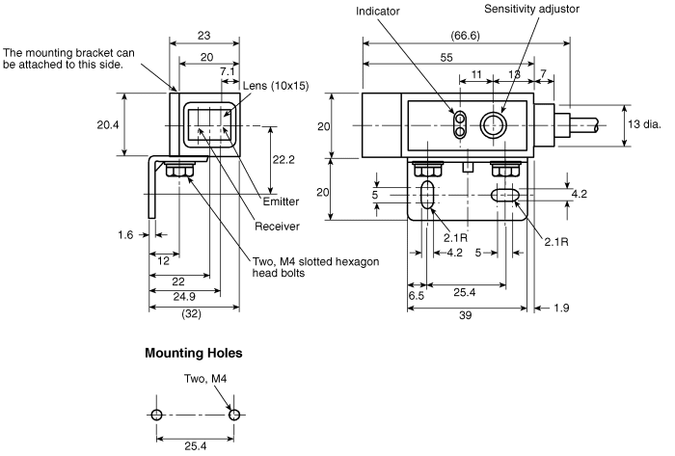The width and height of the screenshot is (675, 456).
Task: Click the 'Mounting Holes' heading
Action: tap(193, 353)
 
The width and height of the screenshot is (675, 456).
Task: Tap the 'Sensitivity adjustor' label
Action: tap(531, 9)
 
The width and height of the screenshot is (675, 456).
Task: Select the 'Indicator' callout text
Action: tap(378, 12)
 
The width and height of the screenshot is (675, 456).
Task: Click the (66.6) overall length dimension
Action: tap(465, 36)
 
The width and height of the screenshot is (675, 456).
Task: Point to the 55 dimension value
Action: tap(446, 57)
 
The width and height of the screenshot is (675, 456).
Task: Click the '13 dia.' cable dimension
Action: tap(644, 124)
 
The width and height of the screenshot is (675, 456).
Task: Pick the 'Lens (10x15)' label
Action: tap(276, 86)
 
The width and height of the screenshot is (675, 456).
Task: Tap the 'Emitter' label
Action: tap(281, 201)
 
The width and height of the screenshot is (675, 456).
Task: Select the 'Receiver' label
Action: tap(277, 227)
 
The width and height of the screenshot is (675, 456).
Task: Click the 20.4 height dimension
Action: tap(108, 124)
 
